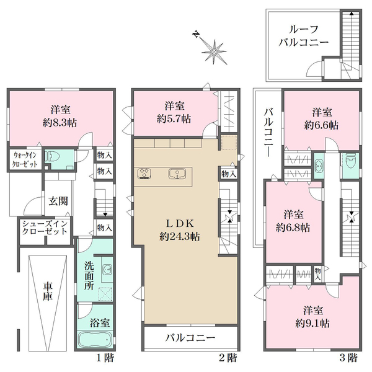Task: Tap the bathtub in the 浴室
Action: pyautogui.click(x=95, y=340)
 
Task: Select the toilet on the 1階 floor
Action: pyautogui.click(x=53, y=156)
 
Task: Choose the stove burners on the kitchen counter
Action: pyautogui.click(x=144, y=173)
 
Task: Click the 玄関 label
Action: pyautogui.click(x=58, y=201)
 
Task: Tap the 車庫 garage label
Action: pyautogui.click(x=48, y=291)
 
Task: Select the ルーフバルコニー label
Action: pyautogui.click(x=303, y=36)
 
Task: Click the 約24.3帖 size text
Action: pyautogui.click(x=180, y=237)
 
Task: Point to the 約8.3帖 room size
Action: pyautogui.click(x=60, y=123)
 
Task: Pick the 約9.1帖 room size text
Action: pyautogui.click(x=312, y=323)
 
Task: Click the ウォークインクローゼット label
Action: pyautogui.click(x=25, y=160)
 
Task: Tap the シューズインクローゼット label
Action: pyautogui.click(x=45, y=228)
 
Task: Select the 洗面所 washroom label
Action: pyautogui.click(x=89, y=276)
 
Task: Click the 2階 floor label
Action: pyautogui.click(x=228, y=357)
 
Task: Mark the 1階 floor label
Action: pyautogui.click(x=105, y=357)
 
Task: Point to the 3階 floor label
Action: pyautogui.click(x=348, y=357)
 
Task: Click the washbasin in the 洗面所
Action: pyautogui.click(x=107, y=269)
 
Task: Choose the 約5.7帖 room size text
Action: pyautogui.click(x=174, y=118)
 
